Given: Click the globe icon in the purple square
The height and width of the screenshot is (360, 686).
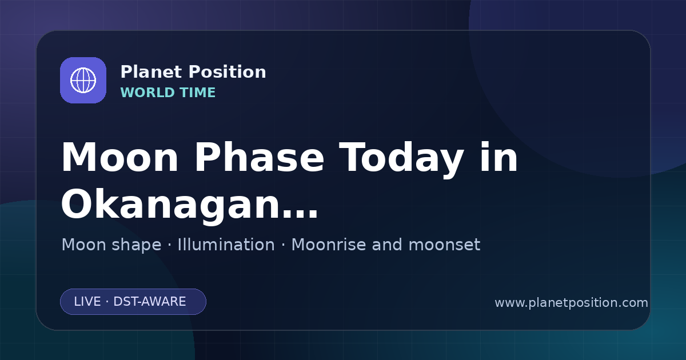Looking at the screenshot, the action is click(83, 80).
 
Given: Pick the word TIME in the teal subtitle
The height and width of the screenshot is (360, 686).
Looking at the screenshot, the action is click(198, 93).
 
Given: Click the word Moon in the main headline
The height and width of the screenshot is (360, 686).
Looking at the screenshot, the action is click(119, 158).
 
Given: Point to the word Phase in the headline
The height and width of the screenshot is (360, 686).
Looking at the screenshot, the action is click(259, 157).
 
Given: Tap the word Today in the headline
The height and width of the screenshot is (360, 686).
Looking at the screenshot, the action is click(401, 160).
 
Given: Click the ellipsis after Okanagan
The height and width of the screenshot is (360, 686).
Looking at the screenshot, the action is click(300, 214).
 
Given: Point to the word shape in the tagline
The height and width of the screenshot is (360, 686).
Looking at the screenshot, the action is click(136, 246).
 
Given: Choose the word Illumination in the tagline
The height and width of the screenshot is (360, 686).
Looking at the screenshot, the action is click(226, 245).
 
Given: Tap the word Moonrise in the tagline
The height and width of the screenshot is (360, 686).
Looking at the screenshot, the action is click(328, 245).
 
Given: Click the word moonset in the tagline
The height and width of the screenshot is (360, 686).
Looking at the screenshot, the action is click(444, 245).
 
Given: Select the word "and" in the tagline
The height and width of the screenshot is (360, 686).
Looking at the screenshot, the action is click(387, 245).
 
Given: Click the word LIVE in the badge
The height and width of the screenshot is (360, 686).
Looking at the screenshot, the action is click(87, 302).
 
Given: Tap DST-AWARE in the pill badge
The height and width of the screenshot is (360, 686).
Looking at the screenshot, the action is click(149, 302).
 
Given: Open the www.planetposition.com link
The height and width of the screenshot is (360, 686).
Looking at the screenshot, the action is click(571, 303).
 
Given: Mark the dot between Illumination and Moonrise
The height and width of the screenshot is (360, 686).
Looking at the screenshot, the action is click(283, 245).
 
